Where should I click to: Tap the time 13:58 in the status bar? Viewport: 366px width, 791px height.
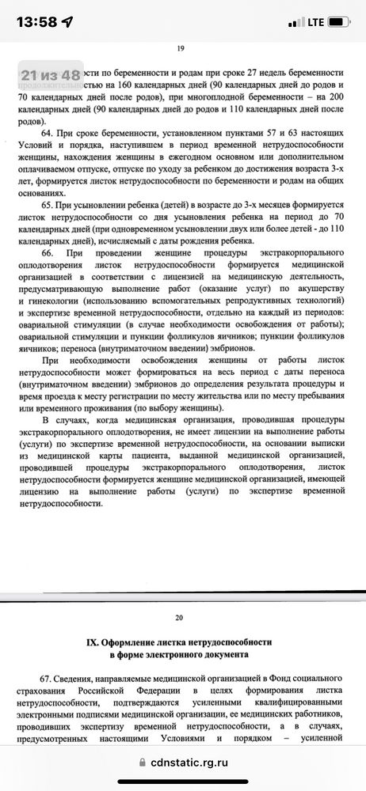tap(35, 21)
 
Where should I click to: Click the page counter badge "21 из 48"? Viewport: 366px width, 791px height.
tap(50, 75)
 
